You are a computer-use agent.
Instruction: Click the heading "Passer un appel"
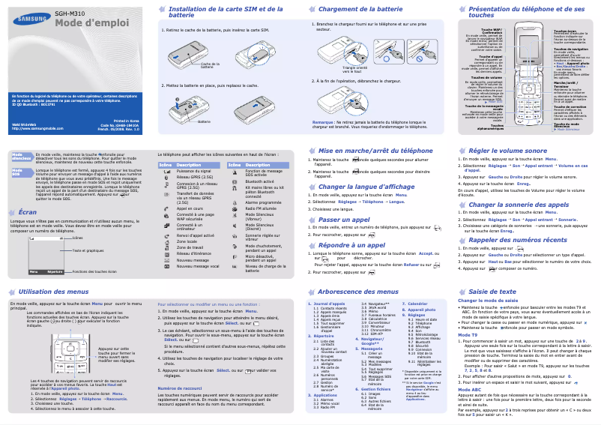click(x=345, y=219)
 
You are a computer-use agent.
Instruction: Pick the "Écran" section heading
click(x=27, y=213)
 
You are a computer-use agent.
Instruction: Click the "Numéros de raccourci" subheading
click(x=181, y=388)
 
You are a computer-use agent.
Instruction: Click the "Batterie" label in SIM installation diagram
click(x=201, y=121)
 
